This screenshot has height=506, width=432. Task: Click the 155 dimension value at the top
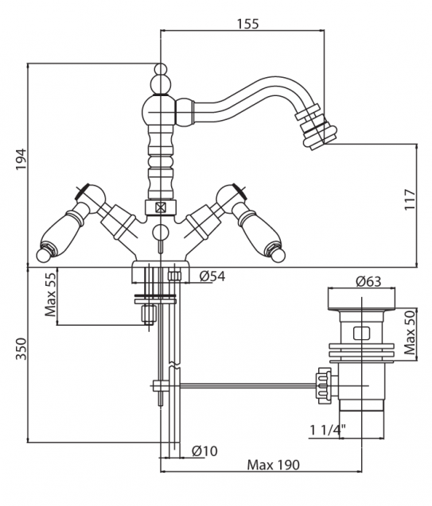[x=248, y=24]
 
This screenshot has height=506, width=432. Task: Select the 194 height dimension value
[x=21, y=159]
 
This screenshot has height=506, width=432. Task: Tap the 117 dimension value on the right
[x=410, y=199]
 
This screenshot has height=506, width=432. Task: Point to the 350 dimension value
[x=21, y=349]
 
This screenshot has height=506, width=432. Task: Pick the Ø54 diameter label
[x=212, y=276]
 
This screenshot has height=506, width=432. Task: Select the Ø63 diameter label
[x=368, y=281]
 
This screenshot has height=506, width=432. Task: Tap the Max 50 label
[x=410, y=333]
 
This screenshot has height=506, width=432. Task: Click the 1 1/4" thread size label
[x=328, y=430]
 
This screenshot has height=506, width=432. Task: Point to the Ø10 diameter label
[x=204, y=451]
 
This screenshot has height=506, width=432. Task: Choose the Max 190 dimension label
[x=274, y=465]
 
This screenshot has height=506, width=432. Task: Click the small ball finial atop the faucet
[x=160, y=69]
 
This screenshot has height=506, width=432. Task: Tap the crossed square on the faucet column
[x=160, y=207]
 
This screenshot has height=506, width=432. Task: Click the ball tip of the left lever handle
[x=43, y=255]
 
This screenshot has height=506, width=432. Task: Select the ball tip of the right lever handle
[x=278, y=257]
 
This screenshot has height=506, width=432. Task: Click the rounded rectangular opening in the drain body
[x=362, y=334]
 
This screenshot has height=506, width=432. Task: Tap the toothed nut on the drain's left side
[x=324, y=385]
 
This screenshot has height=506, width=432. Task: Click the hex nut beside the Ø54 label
[x=174, y=276]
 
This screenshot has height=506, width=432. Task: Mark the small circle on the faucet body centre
[x=160, y=232]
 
